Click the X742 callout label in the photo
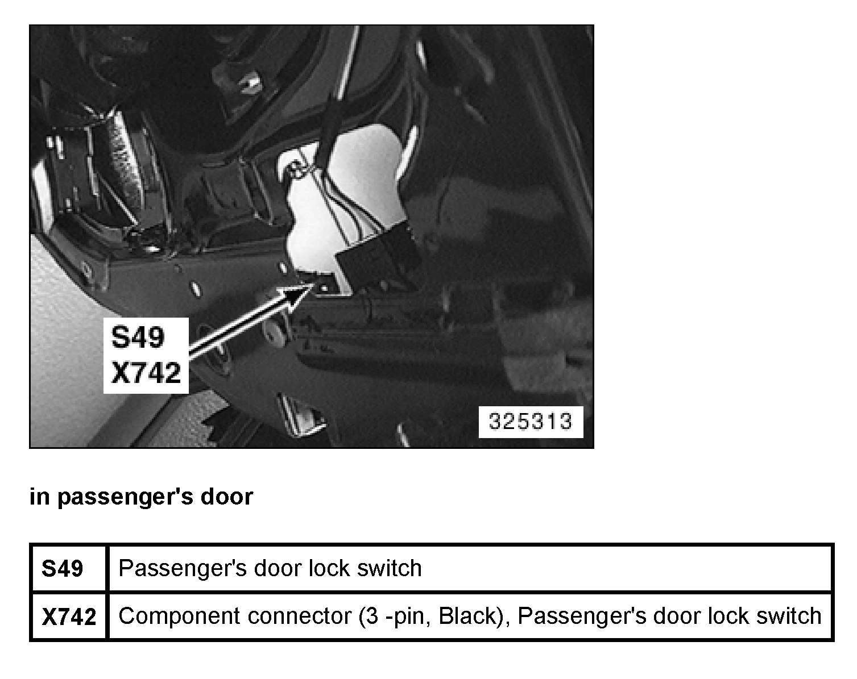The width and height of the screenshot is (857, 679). point(146,373)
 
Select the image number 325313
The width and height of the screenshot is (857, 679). point(530,422)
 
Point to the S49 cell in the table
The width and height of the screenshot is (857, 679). point(63,569)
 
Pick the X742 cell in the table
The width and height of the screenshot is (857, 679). point(69,616)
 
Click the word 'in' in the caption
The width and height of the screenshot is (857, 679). point(39,497)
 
